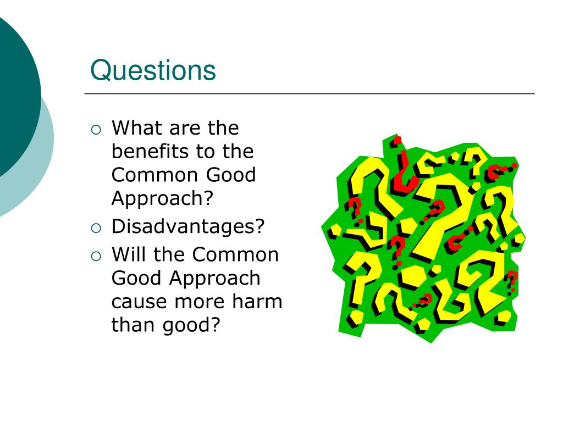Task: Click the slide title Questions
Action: coord(153,71)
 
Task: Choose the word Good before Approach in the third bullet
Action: coord(137,278)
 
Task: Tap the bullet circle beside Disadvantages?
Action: coord(96,227)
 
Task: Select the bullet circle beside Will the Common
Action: coord(96,256)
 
